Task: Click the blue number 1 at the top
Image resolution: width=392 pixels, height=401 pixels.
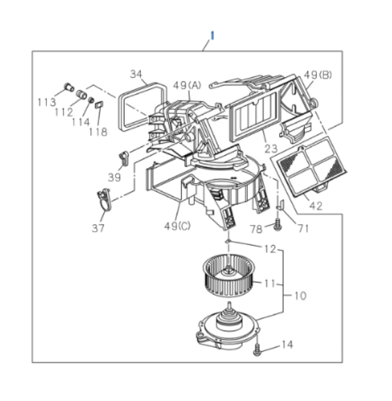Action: pos(212,35)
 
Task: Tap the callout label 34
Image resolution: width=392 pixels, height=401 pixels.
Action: pos(136,74)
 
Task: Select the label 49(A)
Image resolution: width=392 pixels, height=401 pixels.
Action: pos(187,85)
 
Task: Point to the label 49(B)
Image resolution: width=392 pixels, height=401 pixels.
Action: pos(318,75)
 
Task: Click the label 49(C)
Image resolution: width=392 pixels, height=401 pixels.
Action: pos(177,225)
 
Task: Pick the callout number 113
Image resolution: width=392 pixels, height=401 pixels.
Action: pos(47,102)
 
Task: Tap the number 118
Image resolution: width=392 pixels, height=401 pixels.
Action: pos(98,132)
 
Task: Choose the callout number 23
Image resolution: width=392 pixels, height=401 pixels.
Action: pos(271,149)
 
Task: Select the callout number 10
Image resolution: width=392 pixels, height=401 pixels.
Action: pos(300,295)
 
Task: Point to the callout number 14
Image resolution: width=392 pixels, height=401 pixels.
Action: pos(288,345)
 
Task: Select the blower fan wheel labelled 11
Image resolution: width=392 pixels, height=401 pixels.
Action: pos(227,276)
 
